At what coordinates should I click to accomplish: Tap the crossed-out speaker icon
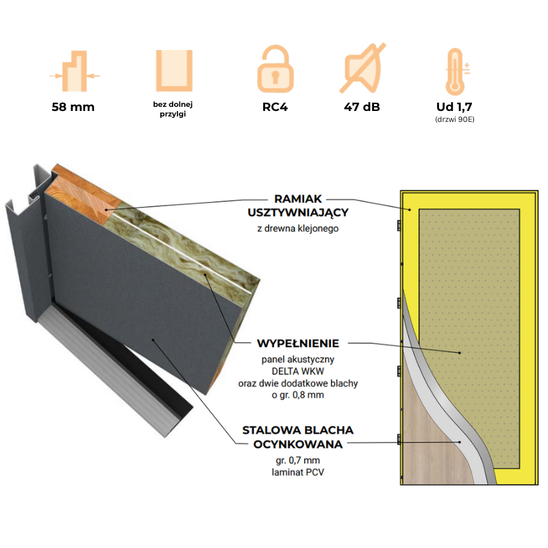[362, 68]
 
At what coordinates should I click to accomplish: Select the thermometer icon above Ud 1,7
[453, 70]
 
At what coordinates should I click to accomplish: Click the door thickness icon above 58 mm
[74, 71]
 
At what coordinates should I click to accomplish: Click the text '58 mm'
[73, 107]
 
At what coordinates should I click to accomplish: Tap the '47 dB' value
[362, 107]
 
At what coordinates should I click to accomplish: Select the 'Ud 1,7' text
[453, 107]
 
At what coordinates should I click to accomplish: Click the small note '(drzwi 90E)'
[453, 119]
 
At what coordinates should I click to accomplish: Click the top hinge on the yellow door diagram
[399, 225]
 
